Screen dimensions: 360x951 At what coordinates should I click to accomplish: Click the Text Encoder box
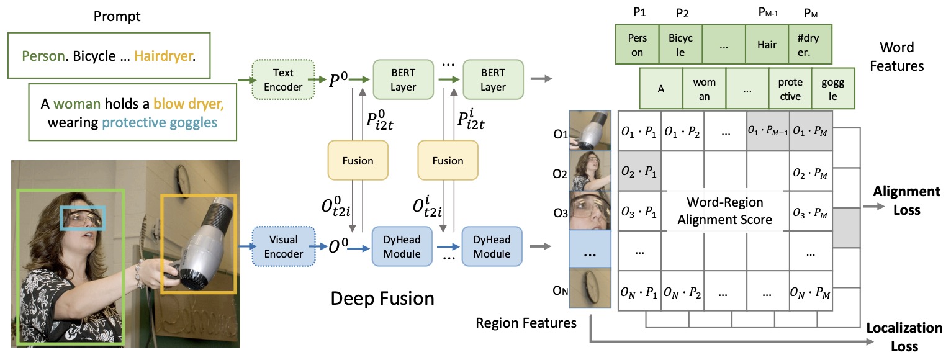(283, 79)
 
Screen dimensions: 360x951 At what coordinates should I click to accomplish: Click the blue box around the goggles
(83, 218)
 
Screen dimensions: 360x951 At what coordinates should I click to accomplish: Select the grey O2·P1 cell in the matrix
(639, 171)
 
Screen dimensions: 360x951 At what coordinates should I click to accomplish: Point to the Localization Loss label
(904, 336)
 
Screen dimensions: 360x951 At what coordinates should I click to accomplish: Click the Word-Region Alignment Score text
(725, 211)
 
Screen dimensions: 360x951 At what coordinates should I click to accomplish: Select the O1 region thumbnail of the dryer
(590, 131)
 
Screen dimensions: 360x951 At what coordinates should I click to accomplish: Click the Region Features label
(526, 322)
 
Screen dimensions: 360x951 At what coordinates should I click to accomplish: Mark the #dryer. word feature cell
(810, 45)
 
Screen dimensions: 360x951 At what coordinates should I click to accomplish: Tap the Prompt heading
(117, 16)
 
